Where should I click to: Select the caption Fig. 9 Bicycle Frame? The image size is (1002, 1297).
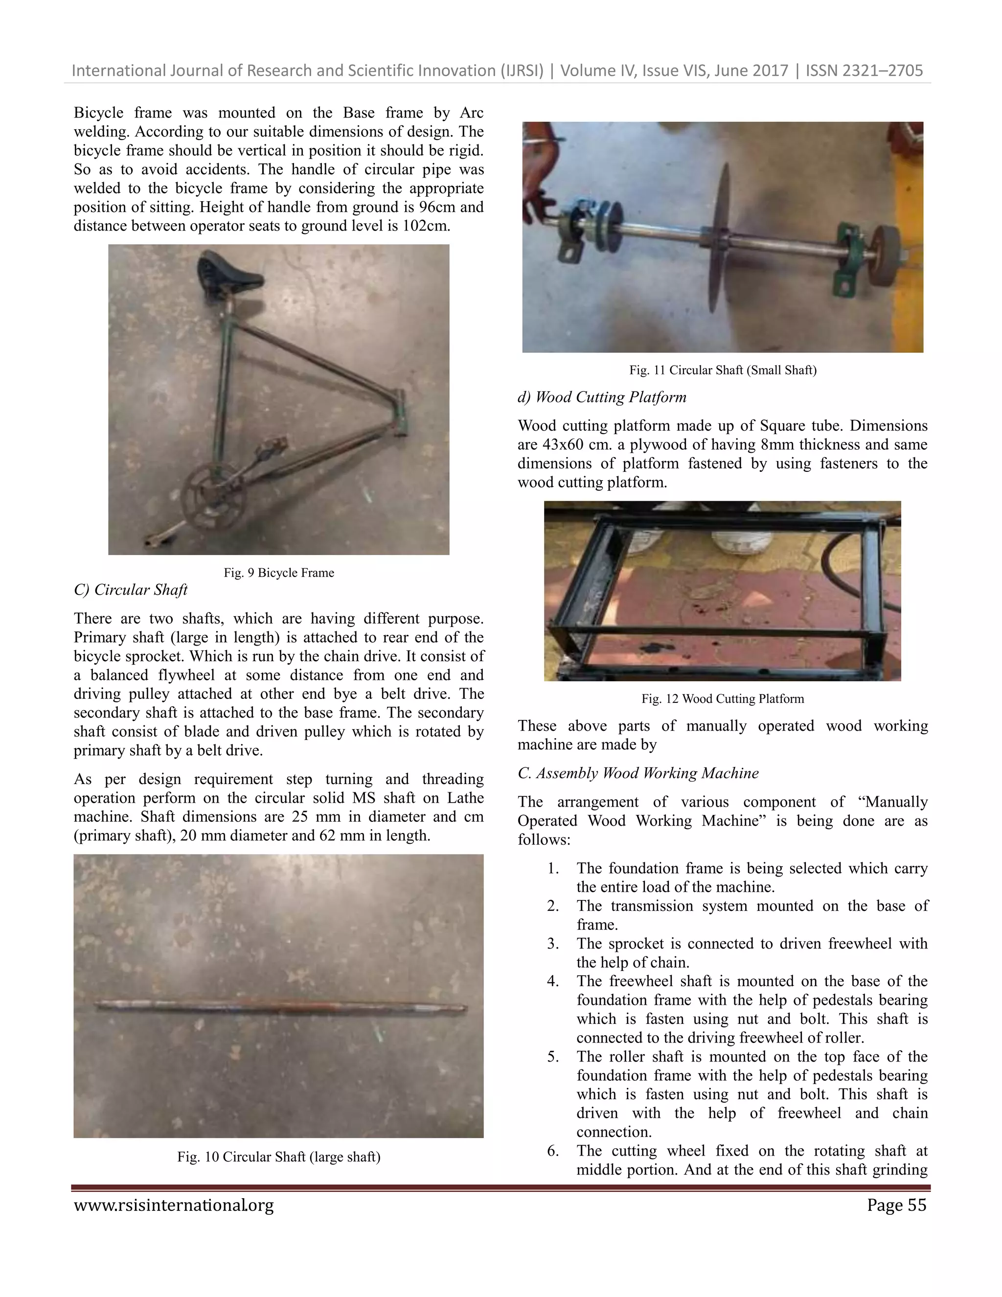coord(278,573)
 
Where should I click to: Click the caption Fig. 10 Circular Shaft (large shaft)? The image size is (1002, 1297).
coord(278,1157)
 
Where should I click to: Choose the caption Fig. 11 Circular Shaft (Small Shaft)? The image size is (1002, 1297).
coord(723,371)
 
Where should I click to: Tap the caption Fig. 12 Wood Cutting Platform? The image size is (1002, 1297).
coord(723,699)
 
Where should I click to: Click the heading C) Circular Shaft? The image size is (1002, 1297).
coord(131,590)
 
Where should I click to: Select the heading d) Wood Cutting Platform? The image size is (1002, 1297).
coord(602,397)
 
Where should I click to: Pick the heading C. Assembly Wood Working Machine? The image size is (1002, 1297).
coord(638,773)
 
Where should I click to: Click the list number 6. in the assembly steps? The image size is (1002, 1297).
coord(553,1151)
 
